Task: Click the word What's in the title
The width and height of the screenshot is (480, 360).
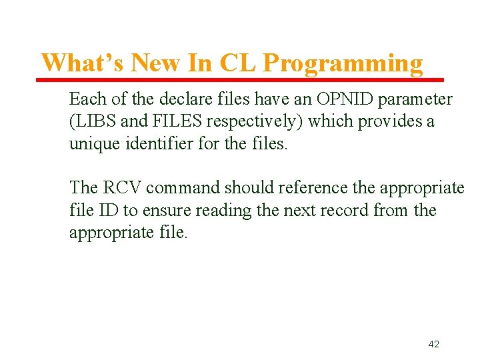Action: [83, 63]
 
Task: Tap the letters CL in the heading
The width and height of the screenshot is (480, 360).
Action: [237, 63]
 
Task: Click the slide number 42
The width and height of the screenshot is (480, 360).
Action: [433, 344]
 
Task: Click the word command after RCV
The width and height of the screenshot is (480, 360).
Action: [180, 189]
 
